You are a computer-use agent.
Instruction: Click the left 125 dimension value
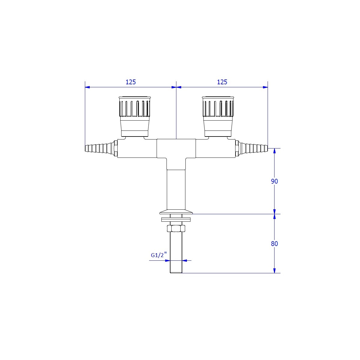pyautogui.click(x=130, y=82)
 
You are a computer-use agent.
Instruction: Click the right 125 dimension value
pyautogui.click(x=222, y=82)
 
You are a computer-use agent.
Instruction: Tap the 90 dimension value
pyautogui.click(x=274, y=181)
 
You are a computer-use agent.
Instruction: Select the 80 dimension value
pyautogui.click(x=274, y=244)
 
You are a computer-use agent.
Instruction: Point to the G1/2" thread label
pyautogui.click(x=159, y=255)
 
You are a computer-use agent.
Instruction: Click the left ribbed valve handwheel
pyautogui.click(x=135, y=107)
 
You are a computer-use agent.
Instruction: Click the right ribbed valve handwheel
pyautogui.click(x=218, y=107)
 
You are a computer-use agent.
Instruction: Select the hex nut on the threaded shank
pyautogui.click(x=176, y=228)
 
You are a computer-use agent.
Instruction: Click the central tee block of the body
pyautogui.click(x=176, y=148)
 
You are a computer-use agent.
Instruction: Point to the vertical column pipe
pyautogui.click(x=176, y=189)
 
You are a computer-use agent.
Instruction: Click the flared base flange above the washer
pyautogui.click(x=176, y=211)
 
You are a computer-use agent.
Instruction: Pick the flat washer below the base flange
pyautogui.click(x=176, y=220)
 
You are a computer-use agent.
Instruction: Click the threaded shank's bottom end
pyautogui.click(x=176, y=273)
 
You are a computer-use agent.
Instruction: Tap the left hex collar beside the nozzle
pyautogui.click(x=115, y=148)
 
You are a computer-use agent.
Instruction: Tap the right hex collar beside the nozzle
pyautogui.click(x=237, y=148)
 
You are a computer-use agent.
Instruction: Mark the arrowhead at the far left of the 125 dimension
pyautogui.click(x=87, y=87)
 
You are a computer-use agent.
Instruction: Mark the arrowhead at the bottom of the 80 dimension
pyautogui.click(x=274, y=271)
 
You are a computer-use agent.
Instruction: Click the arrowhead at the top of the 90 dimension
pyautogui.click(x=274, y=151)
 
